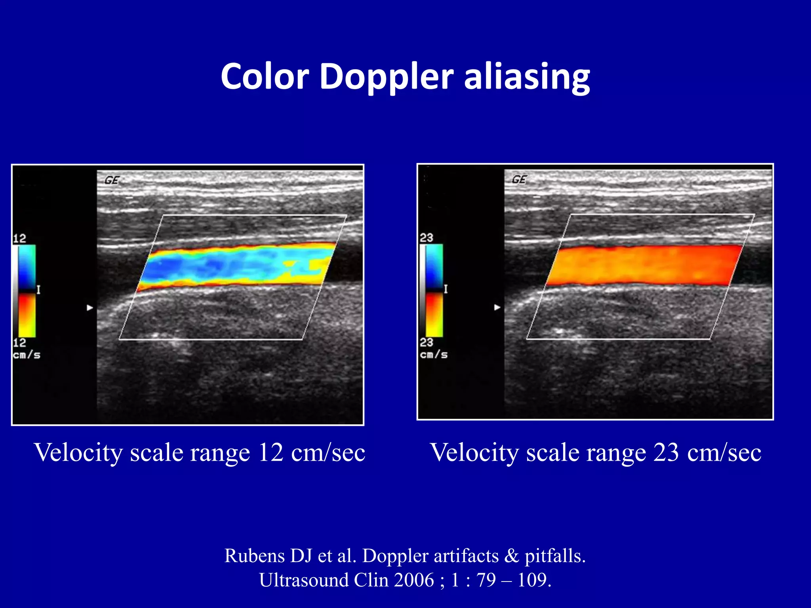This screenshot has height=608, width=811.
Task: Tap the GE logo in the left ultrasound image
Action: (112, 180)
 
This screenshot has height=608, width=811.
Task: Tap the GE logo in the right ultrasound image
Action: (519, 180)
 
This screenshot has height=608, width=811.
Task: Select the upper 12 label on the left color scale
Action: (19, 238)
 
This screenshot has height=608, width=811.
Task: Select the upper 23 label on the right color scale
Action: (426, 237)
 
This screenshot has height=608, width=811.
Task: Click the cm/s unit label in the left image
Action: (27, 355)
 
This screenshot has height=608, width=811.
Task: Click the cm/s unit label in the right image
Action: (434, 354)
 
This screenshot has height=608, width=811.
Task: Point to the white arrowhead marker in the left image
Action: (90, 308)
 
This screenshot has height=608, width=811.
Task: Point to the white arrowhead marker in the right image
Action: (497, 307)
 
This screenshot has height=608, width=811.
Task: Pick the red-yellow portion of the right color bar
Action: (434, 315)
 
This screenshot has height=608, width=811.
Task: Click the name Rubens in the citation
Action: (255, 556)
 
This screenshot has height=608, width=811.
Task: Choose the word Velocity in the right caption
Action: (474, 452)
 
